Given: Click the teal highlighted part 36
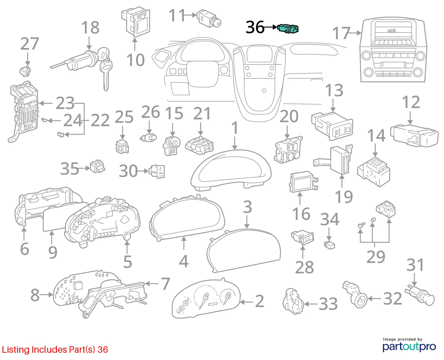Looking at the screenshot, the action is click(288, 28).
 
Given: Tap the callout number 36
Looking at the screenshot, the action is click(255, 27).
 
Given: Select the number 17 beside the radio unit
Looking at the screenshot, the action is click(342, 33).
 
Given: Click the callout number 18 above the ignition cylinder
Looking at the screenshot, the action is click(90, 27).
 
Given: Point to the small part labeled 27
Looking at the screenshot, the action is click(25, 71).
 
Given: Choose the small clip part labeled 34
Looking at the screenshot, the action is click(329, 245).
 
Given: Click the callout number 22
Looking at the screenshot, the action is click(100, 120).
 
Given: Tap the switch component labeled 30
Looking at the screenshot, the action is click(157, 171).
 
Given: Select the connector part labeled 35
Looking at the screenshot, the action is click(97, 166).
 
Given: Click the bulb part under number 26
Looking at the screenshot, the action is click(148, 138).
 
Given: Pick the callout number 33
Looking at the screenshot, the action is click(328, 304).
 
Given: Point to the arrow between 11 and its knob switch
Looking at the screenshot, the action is click(190, 15).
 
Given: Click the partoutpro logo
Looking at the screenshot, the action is click(409, 347).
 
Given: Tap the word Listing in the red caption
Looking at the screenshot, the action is click(16, 349).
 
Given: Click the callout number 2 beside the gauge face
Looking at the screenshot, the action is click(259, 301).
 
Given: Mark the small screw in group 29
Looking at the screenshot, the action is click(361, 225).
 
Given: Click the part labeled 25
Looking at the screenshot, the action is click(122, 146).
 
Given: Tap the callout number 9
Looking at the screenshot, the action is click(53, 253).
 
